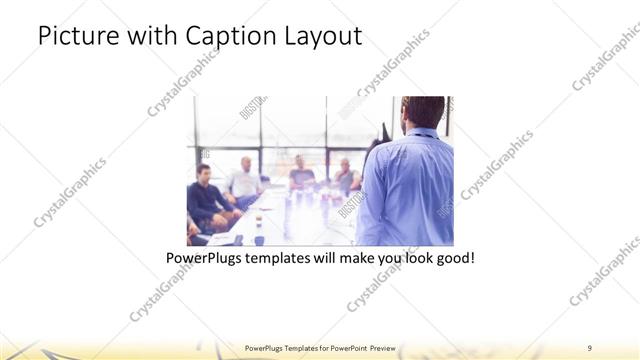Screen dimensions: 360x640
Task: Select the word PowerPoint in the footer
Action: (x=346, y=347)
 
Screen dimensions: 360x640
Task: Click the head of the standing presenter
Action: (x=423, y=112)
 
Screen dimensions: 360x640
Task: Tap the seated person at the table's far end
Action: (x=300, y=173)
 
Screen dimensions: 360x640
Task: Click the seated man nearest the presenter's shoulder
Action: (x=346, y=176)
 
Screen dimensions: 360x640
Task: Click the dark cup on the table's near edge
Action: (x=259, y=238)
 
